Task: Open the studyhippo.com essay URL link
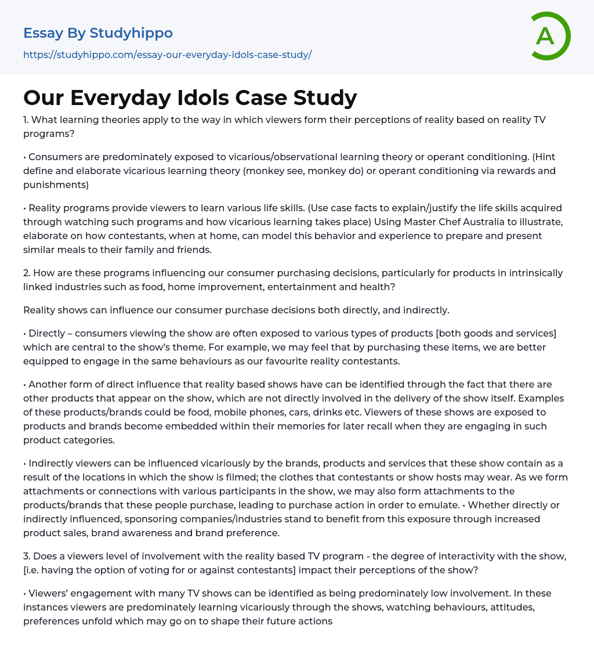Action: coord(167,55)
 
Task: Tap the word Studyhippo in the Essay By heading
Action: coord(131,33)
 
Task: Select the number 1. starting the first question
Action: coord(27,120)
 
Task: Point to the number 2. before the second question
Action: coord(28,273)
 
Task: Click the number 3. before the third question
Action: coord(28,556)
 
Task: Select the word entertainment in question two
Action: coord(388,287)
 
